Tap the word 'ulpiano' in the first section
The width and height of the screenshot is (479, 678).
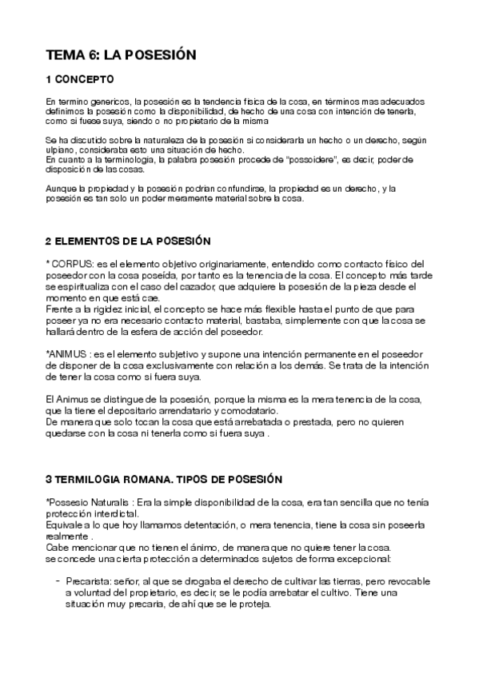(60, 150)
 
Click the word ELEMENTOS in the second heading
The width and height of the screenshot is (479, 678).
(94, 241)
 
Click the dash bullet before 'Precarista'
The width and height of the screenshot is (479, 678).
(58, 581)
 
